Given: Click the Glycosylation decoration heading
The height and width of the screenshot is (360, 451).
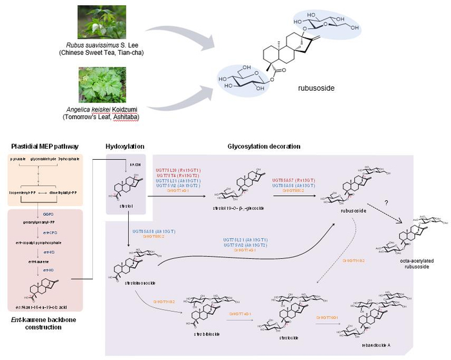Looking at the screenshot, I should [264, 146].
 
